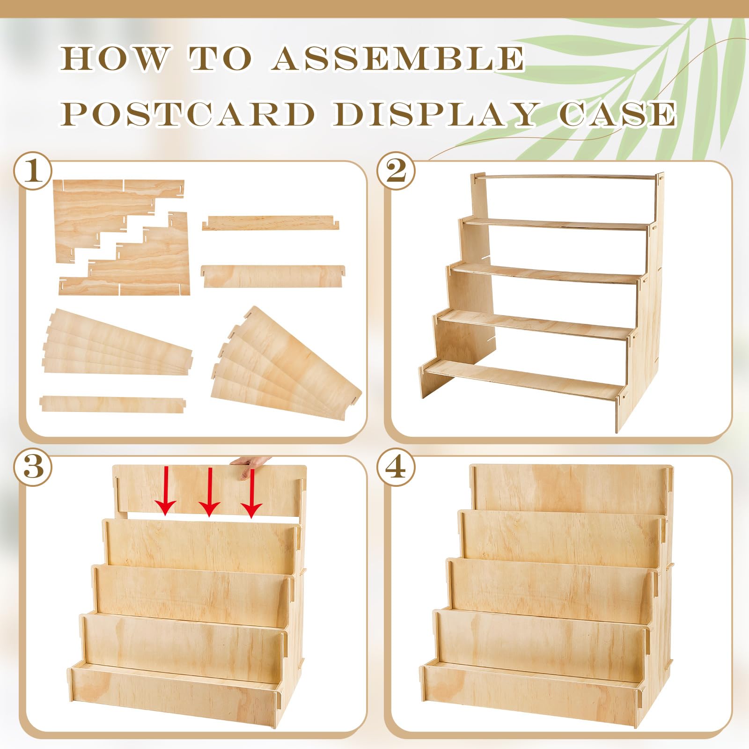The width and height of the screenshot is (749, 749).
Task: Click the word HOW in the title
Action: (114, 59)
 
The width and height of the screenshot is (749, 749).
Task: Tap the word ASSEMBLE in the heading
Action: (398, 59)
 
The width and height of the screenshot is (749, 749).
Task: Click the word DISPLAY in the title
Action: (435, 114)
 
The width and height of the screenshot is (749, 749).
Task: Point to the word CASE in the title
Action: (618, 114)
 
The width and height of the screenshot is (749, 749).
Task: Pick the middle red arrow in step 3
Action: (209, 492)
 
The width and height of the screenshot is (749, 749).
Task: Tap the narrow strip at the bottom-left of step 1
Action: (113, 404)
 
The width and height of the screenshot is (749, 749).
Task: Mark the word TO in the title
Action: (220, 59)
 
